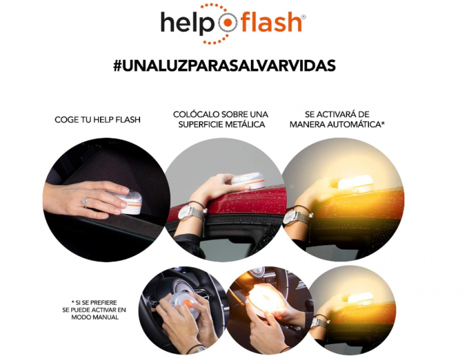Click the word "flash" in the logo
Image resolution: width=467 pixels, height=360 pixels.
click(270, 22)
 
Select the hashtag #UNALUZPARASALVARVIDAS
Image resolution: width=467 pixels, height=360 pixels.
click(224, 65)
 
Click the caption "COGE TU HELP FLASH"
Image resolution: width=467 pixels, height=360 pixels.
click(97, 120)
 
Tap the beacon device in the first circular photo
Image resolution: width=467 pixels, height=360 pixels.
click(131, 200)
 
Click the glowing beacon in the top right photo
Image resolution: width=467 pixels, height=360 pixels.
click(354, 183)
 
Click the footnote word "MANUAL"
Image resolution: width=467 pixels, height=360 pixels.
click(105, 317)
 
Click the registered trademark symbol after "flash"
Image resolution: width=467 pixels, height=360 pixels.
click(304, 16)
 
